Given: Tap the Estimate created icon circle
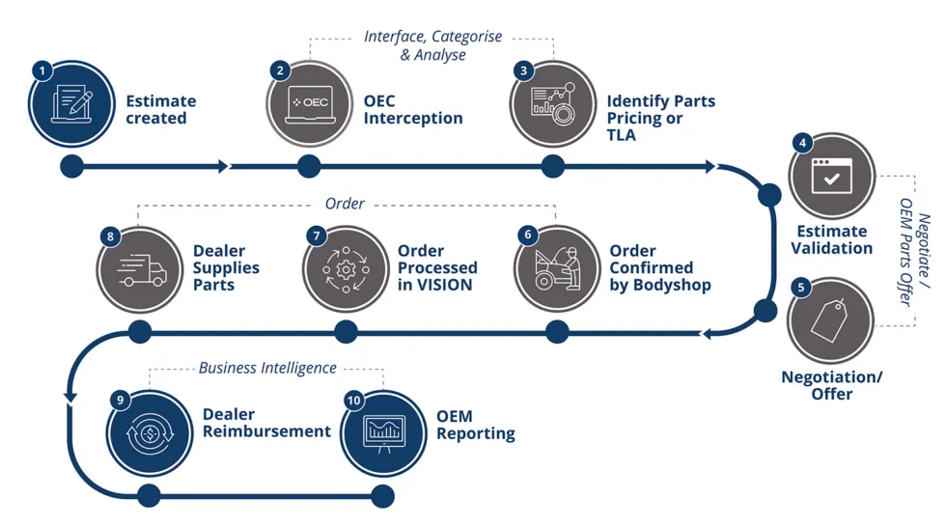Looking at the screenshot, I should (73, 105).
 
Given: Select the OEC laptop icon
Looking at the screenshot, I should (310, 103).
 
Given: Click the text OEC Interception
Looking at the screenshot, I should (412, 110).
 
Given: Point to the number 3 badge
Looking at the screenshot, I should (523, 70).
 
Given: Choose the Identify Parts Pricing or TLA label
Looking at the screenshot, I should (660, 118).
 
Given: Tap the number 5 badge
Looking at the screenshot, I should (801, 288).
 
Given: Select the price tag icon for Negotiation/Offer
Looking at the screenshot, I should (829, 319).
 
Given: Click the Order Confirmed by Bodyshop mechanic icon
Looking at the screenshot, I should (557, 268).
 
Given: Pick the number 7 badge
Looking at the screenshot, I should (316, 236).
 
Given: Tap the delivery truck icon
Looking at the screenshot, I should (141, 269).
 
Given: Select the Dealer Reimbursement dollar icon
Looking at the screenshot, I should (151, 433).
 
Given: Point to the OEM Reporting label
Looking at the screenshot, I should (475, 425).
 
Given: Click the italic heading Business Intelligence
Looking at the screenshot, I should (267, 368).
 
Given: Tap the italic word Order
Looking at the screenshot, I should (345, 204).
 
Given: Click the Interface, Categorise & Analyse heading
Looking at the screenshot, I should (432, 45).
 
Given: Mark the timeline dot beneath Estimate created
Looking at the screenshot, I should (71, 166).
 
